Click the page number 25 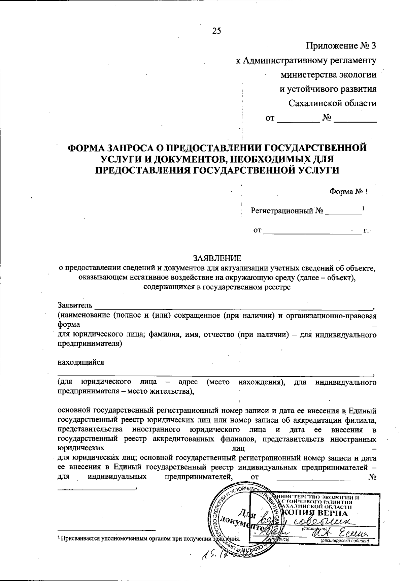(217, 31)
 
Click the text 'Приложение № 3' (341, 45)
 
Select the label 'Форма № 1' (349, 192)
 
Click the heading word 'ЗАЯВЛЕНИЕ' (217, 258)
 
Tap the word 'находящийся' (81, 363)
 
